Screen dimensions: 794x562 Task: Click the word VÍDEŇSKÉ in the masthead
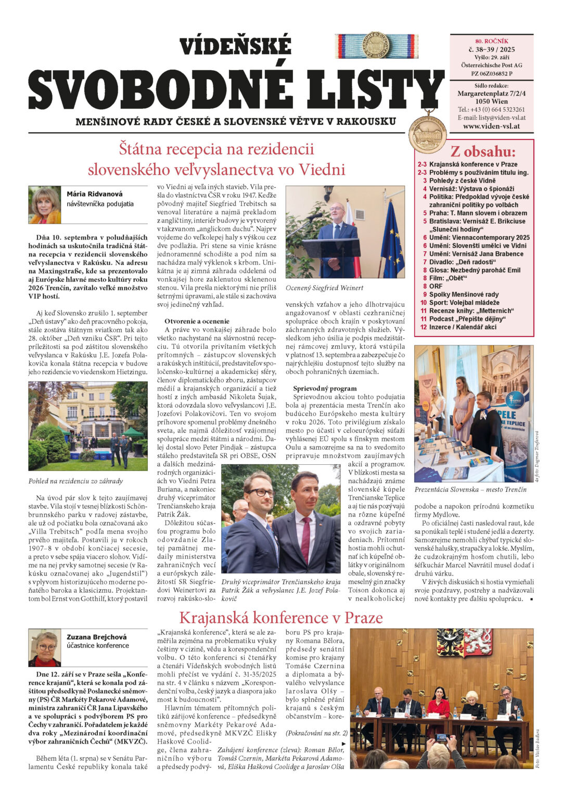[x=235, y=47]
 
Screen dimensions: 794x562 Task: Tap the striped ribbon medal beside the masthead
[x=376, y=46]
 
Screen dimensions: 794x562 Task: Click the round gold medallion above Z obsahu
[x=428, y=134]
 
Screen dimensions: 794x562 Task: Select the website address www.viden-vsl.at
[x=491, y=126]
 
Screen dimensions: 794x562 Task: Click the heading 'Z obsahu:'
[x=483, y=152]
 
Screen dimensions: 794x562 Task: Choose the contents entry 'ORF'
[x=436, y=286]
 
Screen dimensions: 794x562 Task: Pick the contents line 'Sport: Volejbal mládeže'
[x=464, y=303]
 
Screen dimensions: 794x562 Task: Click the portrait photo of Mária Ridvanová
[x=45, y=205]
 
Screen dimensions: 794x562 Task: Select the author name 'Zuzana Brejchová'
[x=96, y=637]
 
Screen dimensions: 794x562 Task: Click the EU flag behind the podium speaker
[x=393, y=239]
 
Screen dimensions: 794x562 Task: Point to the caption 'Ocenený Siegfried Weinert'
[x=324, y=288]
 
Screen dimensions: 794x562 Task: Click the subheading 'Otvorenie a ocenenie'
[x=197, y=321]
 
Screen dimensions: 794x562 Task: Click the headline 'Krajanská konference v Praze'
[x=280, y=618]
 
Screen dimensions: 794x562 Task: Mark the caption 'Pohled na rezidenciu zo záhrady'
[x=75, y=481]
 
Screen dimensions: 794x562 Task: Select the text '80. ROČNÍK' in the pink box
[x=491, y=41]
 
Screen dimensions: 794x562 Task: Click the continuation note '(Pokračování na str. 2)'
[x=316, y=733]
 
